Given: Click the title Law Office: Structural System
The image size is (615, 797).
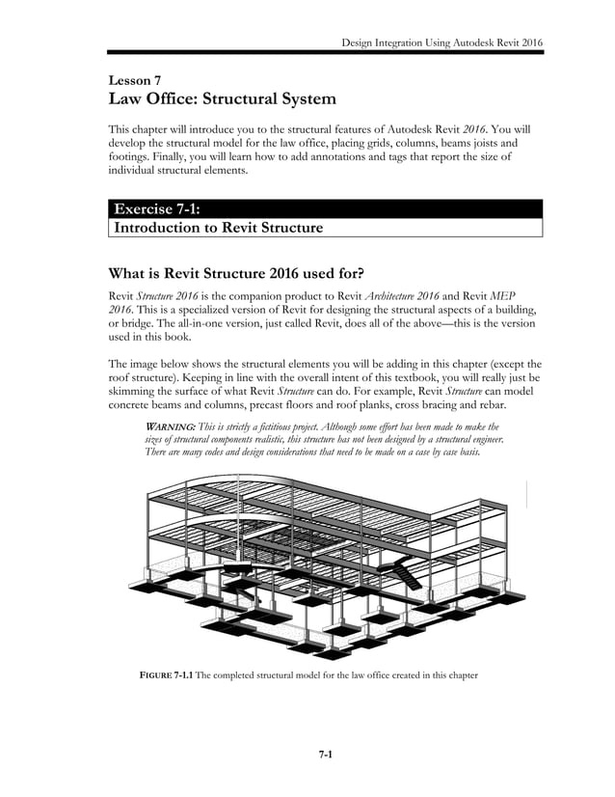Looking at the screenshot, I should (x=225, y=99).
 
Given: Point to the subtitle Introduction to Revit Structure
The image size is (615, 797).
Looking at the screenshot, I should (x=218, y=229).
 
